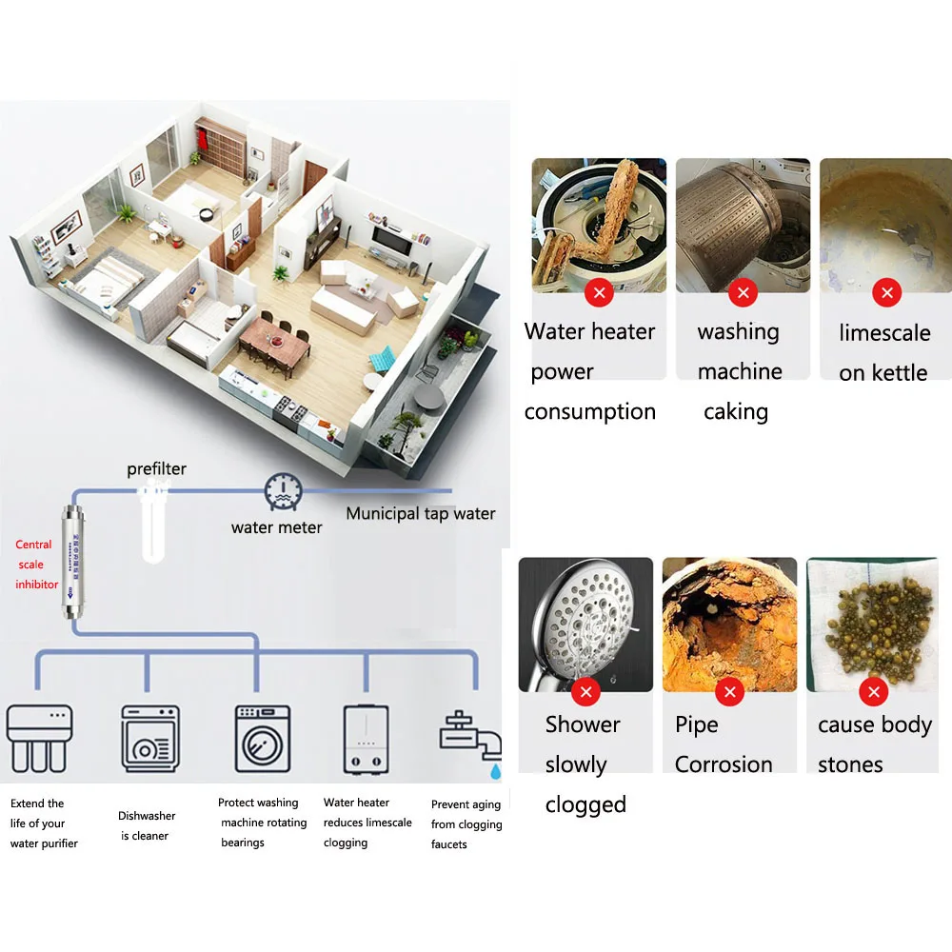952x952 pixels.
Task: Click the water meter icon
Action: (283, 490)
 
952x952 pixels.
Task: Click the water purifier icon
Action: (39, 737)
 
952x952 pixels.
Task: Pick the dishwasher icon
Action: (149, 738)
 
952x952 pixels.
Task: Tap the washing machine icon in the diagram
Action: (262, 738)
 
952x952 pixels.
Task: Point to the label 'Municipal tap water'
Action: (420, 514)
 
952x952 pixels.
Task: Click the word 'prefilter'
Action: (157, 469)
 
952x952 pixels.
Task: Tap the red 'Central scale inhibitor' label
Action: (36, 565)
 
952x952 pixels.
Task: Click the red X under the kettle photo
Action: (886, 292)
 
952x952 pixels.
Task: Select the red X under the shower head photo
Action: (585, 692)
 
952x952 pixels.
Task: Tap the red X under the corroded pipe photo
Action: (730, 692)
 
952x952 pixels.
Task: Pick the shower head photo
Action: (585, 619)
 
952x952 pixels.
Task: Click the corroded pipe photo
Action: (729, 619)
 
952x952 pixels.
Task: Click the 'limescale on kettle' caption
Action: (883, 352)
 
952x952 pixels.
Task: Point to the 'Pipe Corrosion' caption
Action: (723, 744)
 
